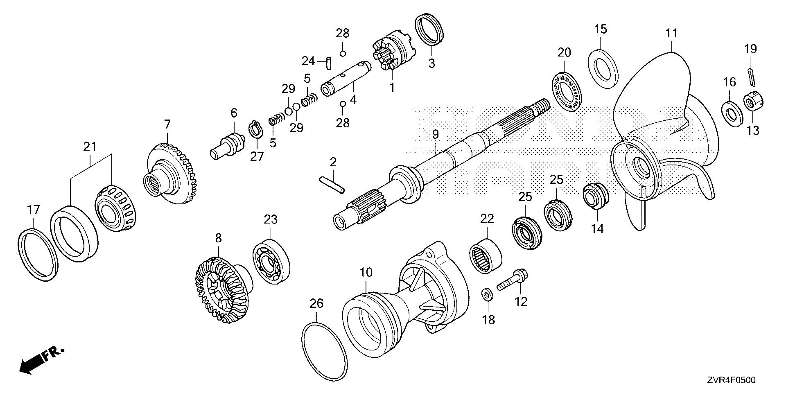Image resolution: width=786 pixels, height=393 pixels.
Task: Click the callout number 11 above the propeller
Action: click(x=672, y=33)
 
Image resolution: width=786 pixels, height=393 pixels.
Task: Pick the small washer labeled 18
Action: click(x=487, y=295)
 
